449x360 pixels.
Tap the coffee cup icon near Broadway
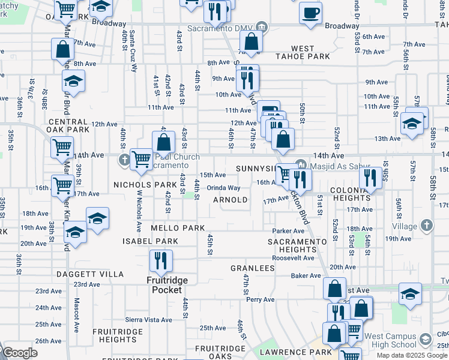tap(310, 13)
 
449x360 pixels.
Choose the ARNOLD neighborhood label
tap(231, 200)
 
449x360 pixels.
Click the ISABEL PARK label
tap(150, 241)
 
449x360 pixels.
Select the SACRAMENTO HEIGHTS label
tap(298, 245)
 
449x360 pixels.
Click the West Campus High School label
tap(390, 340)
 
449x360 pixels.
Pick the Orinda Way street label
tap(224, 188)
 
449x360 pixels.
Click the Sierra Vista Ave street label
tap(149, 320)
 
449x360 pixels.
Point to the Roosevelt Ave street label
tap(292, 257)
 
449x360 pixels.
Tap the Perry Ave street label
tap(260, 299)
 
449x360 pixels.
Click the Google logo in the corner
tap(19, 353)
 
